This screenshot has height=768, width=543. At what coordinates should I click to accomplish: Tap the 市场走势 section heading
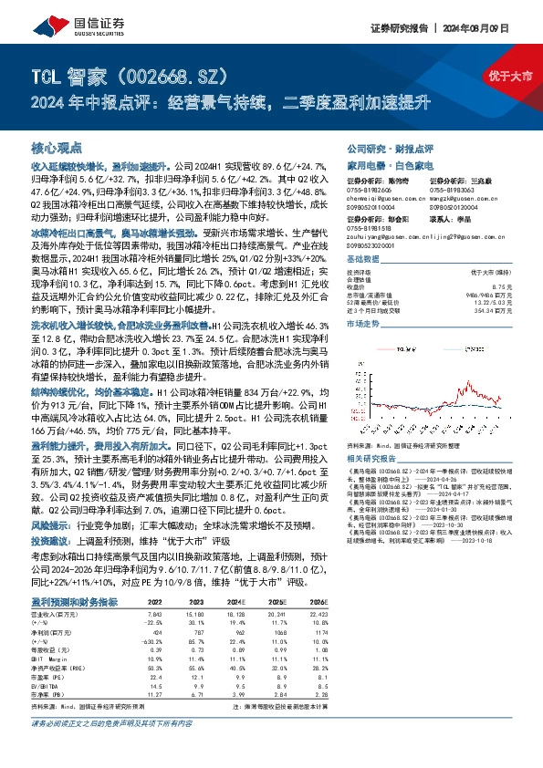(x=363, y=324)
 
